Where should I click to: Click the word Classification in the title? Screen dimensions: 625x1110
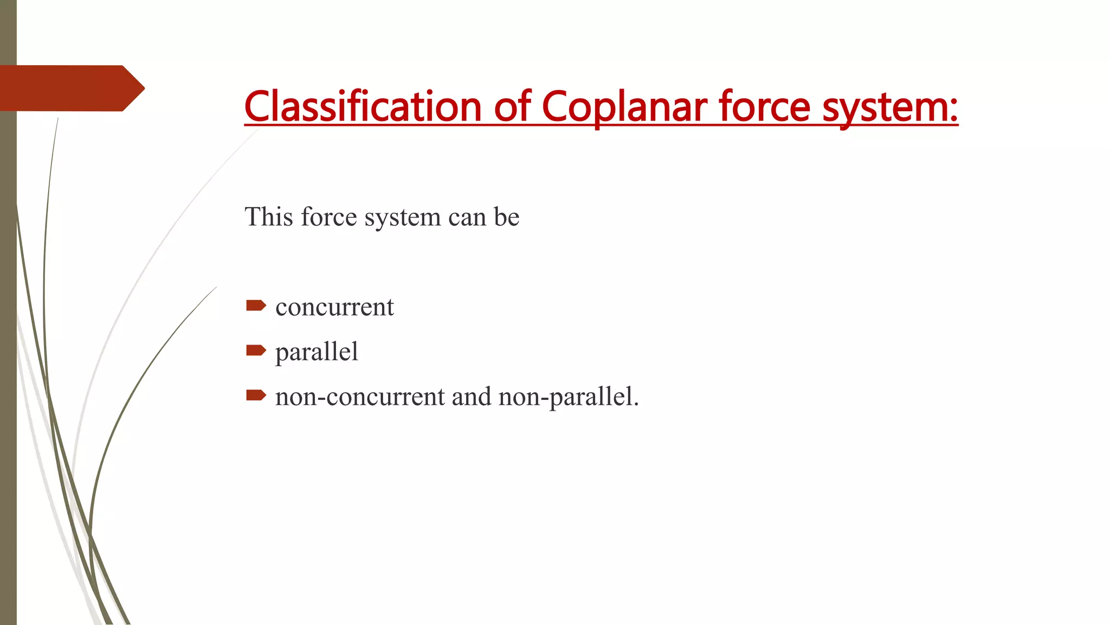363,106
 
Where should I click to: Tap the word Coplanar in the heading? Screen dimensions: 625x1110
623,107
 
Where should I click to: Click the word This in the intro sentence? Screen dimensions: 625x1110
269,217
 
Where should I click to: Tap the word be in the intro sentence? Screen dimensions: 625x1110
506,217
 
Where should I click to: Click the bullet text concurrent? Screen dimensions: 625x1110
334,307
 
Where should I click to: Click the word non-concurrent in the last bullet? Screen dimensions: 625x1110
360,397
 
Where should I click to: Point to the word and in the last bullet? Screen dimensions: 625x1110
472,397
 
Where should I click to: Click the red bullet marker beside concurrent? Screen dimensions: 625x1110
256,306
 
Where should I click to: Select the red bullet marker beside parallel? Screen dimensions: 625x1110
256,350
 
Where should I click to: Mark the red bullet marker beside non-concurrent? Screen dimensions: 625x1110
256,395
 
